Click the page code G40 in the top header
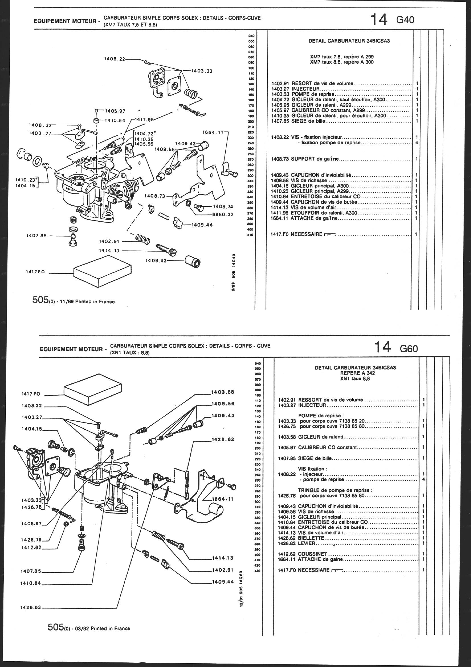pyautogui.click(x=405, y=20)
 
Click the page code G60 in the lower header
pyautogui.click(x=409, y=349)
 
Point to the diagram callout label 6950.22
pyautogui.click(x=223, y=215)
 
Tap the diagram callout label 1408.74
pyautogui.click(x=223, y=207)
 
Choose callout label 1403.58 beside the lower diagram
pyautogui.click(x=223, y=392)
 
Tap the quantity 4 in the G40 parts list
pyautogui.click(x=417, y=143)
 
